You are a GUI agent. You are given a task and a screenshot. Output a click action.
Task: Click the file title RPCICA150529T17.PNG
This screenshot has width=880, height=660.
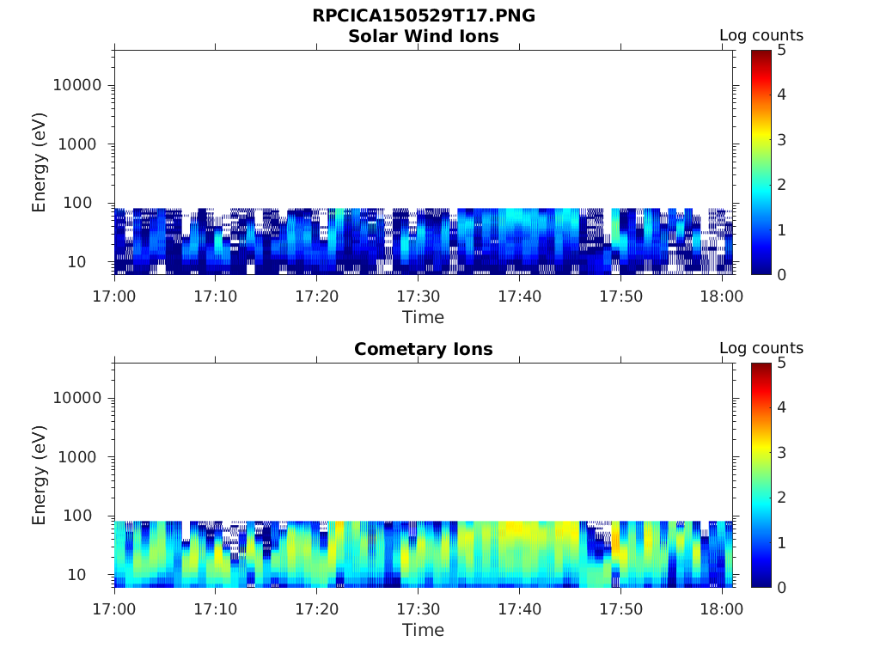tap(424, 16)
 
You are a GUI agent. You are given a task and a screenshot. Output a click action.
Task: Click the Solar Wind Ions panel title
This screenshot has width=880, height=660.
tap(424, 36)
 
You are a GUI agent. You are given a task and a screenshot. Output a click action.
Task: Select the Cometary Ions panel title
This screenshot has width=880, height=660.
tap(424, 349)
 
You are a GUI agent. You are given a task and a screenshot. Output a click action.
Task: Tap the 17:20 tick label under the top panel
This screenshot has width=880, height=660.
tap(316, 296)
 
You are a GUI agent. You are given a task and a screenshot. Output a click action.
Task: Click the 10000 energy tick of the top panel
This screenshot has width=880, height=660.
tap(77, 85)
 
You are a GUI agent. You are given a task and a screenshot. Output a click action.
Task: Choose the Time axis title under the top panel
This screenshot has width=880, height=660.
tap(424, 317)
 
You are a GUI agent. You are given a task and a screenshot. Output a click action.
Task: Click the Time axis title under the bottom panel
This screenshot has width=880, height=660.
tap(424, 630)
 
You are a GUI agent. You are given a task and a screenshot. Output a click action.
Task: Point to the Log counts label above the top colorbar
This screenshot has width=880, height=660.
tap(761, 36)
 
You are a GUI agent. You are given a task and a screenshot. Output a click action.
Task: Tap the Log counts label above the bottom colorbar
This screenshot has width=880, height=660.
tap(761, 349)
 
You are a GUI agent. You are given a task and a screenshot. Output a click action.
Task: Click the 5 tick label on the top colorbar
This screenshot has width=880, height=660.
tap(782, 50)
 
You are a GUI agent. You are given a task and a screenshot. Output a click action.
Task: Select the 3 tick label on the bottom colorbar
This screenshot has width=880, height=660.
tap(782, 453)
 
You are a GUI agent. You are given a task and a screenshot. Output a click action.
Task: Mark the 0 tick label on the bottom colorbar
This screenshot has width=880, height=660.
tap(782, 587)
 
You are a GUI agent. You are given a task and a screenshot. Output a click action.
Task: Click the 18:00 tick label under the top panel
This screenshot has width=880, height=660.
tap(722, 296)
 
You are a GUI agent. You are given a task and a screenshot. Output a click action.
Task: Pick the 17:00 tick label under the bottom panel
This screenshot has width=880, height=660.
tap(114, 609)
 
